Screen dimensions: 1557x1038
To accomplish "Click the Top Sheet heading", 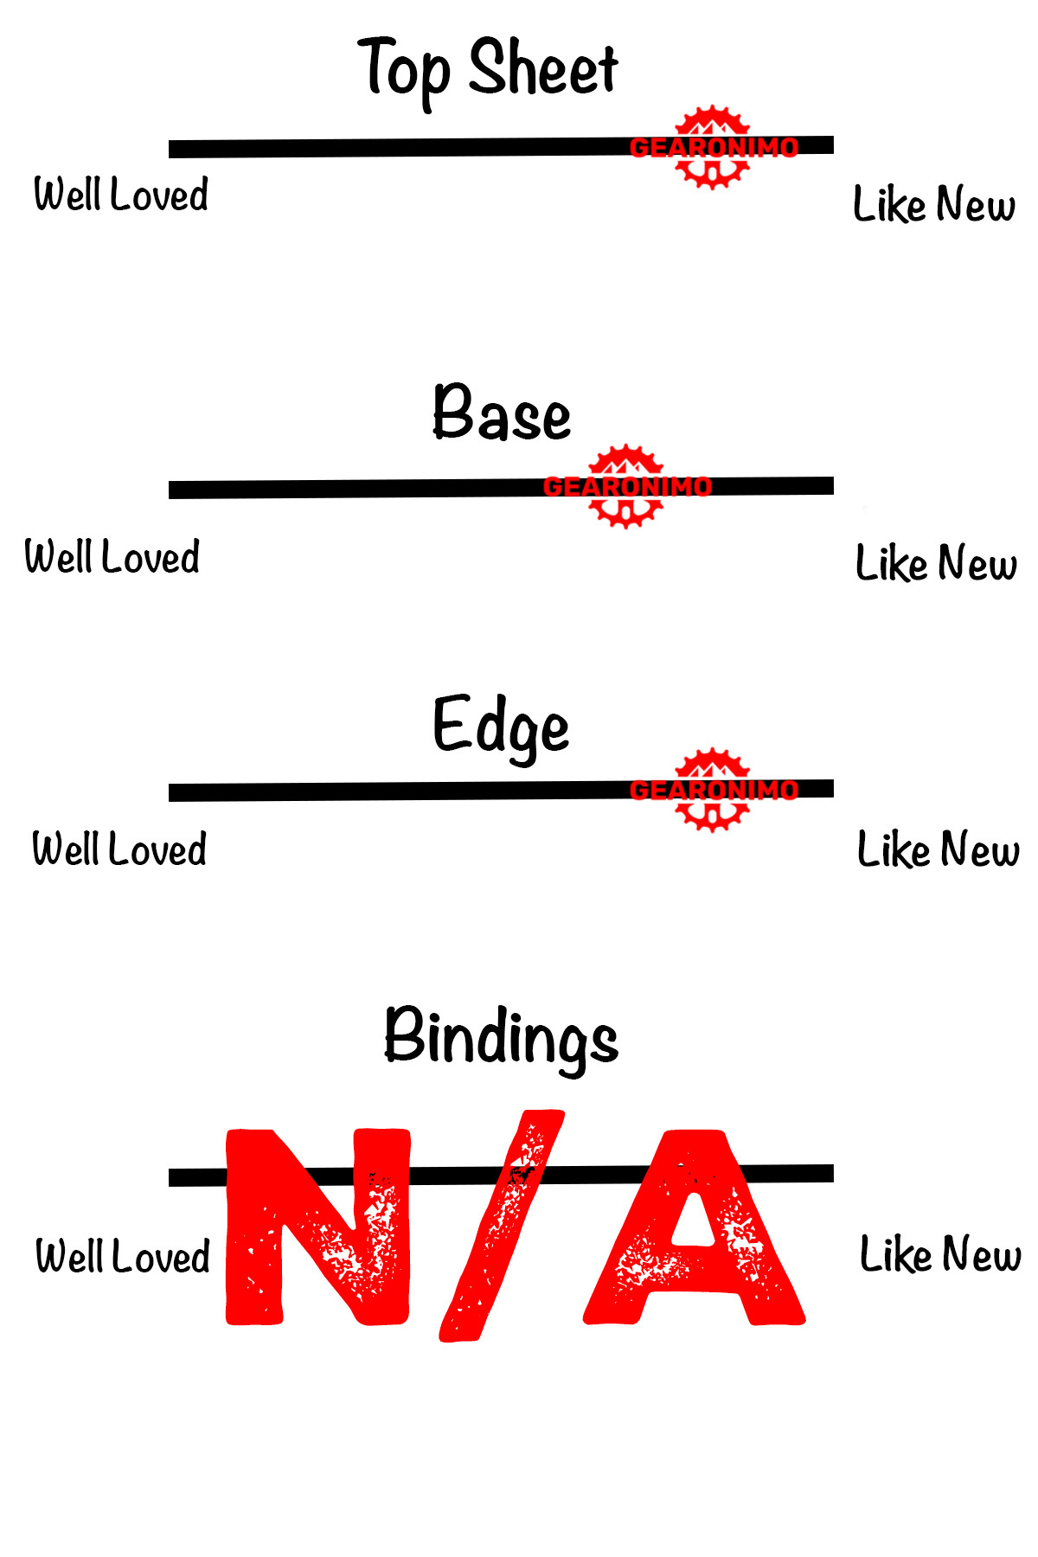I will (x=489, y=69).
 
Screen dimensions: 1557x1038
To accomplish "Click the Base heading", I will (x=502, y=413).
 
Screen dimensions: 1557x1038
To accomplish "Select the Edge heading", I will (x=501, y=727).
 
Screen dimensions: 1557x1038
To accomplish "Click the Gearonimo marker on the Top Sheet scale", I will (x=712, y=147).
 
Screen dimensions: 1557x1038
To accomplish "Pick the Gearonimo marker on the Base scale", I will (x=626, y=486).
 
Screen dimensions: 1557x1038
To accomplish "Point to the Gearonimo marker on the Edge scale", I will (x=712, y=790).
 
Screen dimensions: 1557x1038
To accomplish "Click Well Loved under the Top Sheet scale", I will (x=121, y=194).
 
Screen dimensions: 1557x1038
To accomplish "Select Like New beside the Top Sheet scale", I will (x=934, y=204).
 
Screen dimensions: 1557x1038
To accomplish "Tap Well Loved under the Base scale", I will (x=112, y=556).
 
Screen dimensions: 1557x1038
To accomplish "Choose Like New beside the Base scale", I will (x=936, y=563).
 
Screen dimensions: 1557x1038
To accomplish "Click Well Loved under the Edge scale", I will (x=119, y=849).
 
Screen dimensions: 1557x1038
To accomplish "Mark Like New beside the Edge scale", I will (x=938, y=849).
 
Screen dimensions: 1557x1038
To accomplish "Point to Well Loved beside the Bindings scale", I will (x=123, y=1256).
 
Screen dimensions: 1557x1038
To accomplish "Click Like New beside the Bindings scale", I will (x=940, y=1254).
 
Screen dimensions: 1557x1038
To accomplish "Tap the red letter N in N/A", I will (x=317, y=1227).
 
